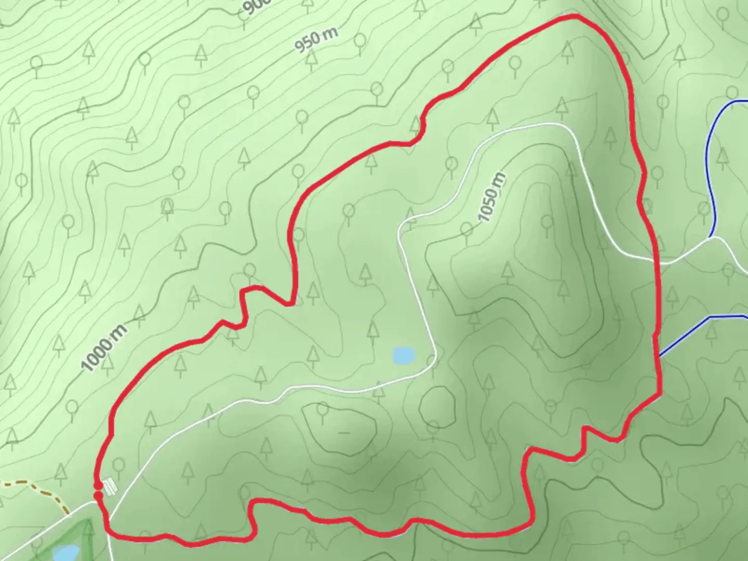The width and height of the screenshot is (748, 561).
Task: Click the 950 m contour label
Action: point(316,40)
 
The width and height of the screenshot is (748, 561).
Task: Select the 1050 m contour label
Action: point(491,198)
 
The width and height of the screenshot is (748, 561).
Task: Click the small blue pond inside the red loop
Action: point(404,355)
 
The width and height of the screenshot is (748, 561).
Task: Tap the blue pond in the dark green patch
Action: point(64,553)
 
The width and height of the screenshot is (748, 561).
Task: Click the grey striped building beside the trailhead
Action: point(110,487)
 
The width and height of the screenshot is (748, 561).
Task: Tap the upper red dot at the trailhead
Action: point(98,486)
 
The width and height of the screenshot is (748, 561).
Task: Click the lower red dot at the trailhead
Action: point(98,496)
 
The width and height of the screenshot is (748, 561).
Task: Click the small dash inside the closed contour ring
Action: point(343,432)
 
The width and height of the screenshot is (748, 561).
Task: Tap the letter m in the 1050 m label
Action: point(499,180)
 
